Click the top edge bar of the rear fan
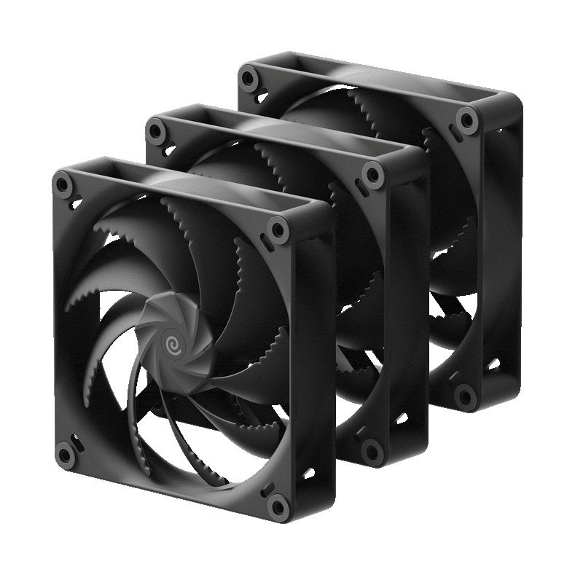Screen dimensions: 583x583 (x=379, y=81)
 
